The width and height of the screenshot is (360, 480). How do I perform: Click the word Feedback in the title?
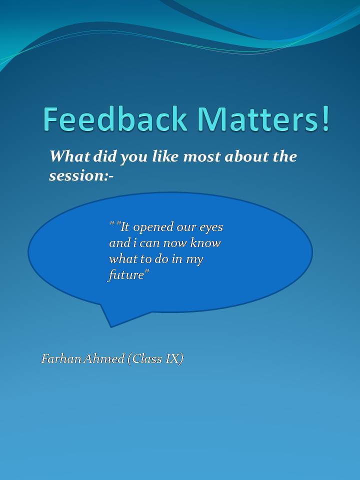115,119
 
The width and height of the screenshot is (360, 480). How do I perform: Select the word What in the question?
70,156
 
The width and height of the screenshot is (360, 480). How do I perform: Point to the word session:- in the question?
81,175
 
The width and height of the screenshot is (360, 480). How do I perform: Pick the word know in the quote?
205,243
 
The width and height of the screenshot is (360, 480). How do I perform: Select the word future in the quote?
125,275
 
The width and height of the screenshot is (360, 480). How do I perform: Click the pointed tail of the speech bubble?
111,326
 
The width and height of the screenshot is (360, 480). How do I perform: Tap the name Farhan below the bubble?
61,358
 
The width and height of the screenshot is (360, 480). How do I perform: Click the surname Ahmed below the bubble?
103,358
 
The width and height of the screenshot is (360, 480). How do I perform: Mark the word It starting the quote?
125,227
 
